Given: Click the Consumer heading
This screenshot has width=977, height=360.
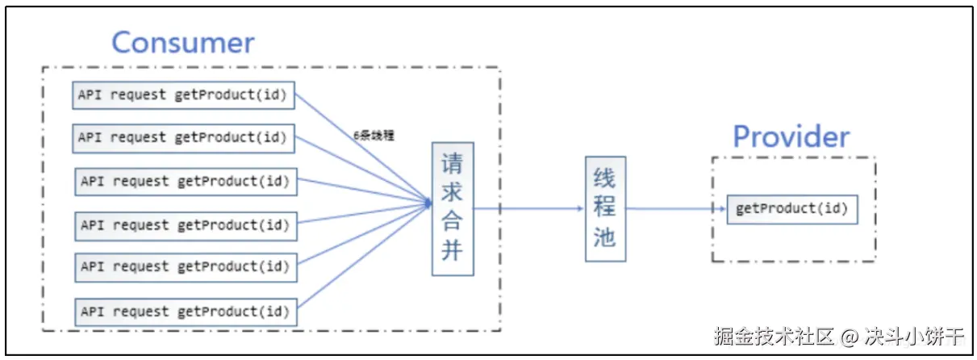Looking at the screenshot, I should click(x=182, y=42).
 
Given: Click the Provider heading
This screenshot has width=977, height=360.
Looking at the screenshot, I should click(x=791, y=136).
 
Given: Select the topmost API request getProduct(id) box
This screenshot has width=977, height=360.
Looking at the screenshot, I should click(x=184, y=94).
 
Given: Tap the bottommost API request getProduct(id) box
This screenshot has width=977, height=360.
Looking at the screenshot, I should click(x=186, y=312).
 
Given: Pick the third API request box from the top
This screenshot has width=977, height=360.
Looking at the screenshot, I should click(x=186, y=182).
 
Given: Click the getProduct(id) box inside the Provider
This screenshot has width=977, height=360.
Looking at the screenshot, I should click(x=791, y=209).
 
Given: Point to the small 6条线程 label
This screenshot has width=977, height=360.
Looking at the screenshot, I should click(x=374, y=136).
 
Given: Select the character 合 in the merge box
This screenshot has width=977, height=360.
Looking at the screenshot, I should click(x=453, y=222).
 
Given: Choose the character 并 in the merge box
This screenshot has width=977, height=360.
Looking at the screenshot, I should click(x=453, y=251).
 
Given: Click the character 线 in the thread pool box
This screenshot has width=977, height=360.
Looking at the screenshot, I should click(x=605, y=178).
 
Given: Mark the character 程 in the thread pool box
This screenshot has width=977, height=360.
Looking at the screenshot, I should click(x=605, y=207).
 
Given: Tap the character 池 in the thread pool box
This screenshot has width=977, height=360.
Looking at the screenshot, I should click(x=605, y=237).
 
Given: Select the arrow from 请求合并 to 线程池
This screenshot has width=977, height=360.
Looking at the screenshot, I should click(x=528, y=208).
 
